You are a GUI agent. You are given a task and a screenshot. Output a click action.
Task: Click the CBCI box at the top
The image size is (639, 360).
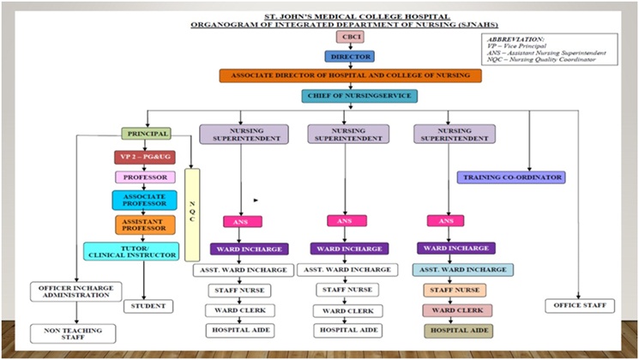pos(347,37)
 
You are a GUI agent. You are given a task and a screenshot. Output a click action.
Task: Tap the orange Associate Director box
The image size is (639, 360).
pos(349,75)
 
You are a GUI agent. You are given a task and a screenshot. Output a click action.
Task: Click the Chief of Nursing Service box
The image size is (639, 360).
pos(347,96)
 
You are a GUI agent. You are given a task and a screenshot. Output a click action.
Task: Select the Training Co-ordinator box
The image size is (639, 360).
pos(511,177)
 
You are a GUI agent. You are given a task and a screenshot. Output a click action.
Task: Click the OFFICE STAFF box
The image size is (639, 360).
pos(580,305)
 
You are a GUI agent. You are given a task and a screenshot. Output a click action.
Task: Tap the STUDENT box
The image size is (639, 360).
pos(149,305)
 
